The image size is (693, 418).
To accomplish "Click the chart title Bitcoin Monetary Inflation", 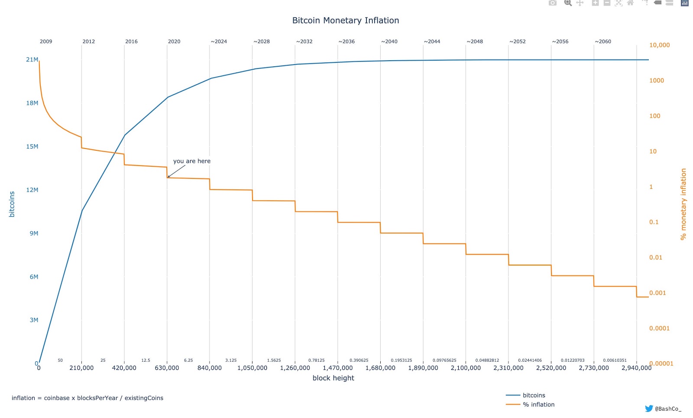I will [x=345, y=20].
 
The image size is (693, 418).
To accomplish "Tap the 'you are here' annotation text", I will [x=191, y=161].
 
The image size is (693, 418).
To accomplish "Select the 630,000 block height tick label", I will [x=167, y=368].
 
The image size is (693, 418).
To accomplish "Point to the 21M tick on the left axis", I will [x=32, y=60].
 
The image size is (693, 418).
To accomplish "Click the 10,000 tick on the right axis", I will [x=659, y=45].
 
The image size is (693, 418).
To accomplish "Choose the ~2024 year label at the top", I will [x=219, y=42].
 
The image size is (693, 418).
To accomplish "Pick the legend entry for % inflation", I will [x=538, y=405].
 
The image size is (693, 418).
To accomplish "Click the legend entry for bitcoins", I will [x=534, y=395].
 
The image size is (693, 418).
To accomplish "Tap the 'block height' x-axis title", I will [x=333, y=378].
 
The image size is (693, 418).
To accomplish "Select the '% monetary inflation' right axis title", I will [x=683, y=204].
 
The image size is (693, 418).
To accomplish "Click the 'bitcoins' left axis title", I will [x=12, y=204].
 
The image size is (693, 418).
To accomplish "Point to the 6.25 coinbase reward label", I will [x=188, y=360].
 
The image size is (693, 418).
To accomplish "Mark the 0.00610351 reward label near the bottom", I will [x=615, y=360].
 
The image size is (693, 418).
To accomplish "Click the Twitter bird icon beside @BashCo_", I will [x=649, y=408].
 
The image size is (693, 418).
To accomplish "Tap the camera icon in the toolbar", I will [x=552, y=3].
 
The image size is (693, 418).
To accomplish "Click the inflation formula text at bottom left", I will [x=87, y=398].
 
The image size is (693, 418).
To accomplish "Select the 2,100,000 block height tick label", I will [x=466, y=368].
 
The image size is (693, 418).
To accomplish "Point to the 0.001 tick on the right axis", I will [x=657, y=293].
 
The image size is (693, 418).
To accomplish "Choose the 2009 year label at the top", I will [x=46, y=42].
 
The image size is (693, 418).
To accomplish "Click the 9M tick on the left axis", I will [x=34, y=233].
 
